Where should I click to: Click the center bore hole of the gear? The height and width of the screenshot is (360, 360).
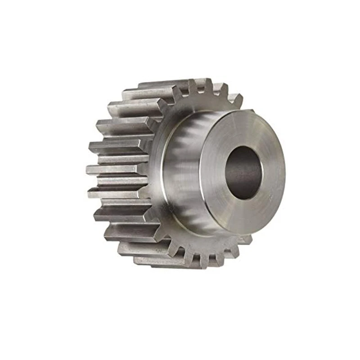click(x=243, y=173)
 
